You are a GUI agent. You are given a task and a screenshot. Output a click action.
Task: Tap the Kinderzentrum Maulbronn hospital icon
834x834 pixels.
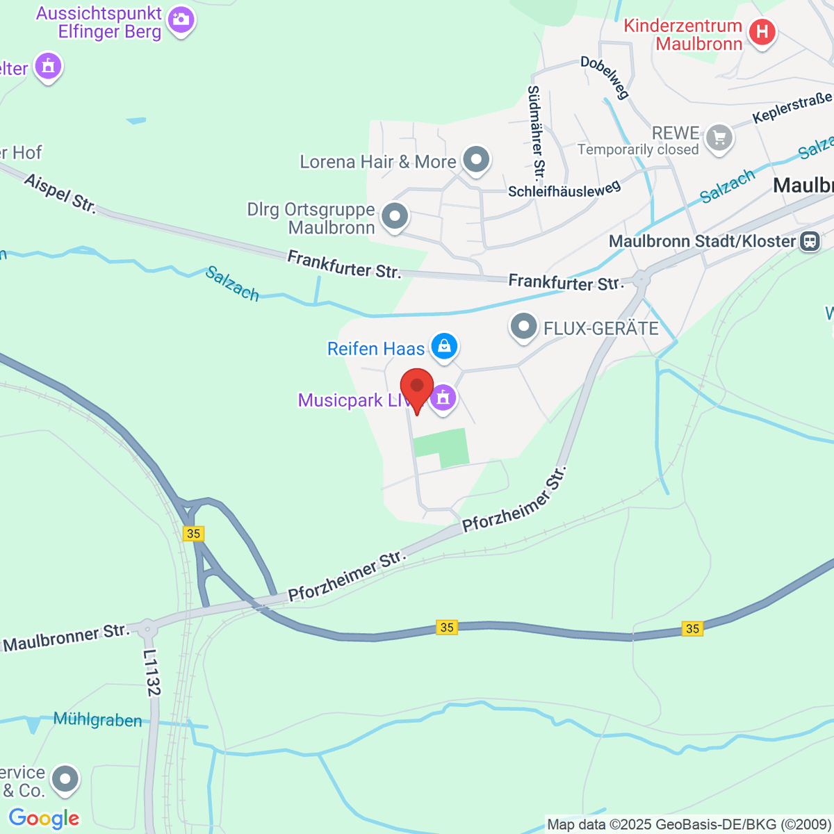pos(762,32)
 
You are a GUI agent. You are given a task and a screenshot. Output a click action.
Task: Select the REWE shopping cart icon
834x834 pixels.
pos(719,138)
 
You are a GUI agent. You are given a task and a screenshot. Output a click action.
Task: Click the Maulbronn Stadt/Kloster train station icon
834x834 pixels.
pos(809,241)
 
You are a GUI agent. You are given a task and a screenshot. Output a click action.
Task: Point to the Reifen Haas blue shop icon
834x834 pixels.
pos(444,345)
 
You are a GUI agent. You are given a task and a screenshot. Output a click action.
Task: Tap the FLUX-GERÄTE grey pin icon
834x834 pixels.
pos(523,326)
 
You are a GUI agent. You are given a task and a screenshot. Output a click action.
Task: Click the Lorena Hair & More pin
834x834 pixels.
pos(476,159)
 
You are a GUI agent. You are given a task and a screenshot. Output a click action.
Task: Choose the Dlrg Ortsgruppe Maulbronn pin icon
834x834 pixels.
pos(395,216)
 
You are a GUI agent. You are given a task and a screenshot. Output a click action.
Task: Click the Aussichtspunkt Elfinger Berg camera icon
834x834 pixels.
pos(181,19)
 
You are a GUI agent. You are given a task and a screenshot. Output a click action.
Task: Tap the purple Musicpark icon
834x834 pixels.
pos(443,398)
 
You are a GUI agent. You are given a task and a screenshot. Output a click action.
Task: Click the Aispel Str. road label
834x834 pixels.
pos(60,193)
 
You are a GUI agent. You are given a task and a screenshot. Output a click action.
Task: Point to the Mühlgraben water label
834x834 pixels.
pos(97,720)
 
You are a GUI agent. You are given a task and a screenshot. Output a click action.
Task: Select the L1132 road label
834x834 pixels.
pos(152,673)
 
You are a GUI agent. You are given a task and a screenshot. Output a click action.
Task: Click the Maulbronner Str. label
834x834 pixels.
pos(67,637)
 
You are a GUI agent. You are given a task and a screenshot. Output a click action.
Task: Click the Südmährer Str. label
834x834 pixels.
pos(536,132)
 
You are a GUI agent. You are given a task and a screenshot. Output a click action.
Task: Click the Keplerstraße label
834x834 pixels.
pos(792,108)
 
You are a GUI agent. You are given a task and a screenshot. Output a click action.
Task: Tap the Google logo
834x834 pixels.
pos(44,819)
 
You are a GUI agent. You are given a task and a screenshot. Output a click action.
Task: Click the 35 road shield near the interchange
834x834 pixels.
pos(193,533)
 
